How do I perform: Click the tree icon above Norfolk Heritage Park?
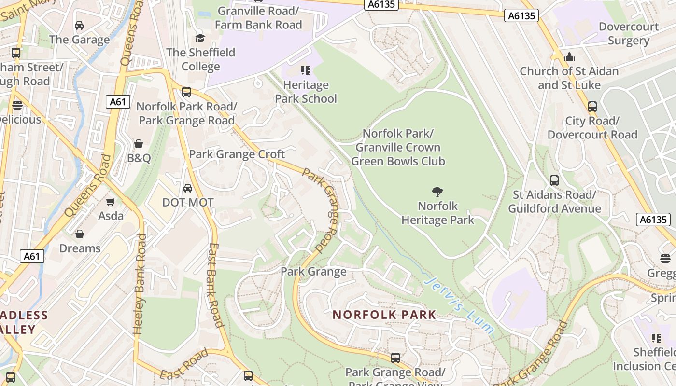(437, 192)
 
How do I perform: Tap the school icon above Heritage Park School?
(306, 71)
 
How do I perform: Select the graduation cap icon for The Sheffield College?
(200, 38)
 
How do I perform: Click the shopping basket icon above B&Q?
(139, 144)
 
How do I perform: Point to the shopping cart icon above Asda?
(111, 202)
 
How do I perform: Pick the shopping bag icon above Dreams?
(80, 234)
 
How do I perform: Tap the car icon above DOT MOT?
(188, 188)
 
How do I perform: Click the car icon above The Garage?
(79, 25)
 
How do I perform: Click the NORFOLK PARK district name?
(384, 315)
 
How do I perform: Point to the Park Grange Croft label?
(237, 154)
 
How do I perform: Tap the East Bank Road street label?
(215, 285)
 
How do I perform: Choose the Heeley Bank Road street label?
(140, 285)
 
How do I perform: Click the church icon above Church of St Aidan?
(569, 57)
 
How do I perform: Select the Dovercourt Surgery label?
(629, 34)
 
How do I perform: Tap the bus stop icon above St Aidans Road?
(554, 180)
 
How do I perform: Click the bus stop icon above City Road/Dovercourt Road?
(592, 107)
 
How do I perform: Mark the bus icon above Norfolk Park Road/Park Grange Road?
(186, 92)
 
